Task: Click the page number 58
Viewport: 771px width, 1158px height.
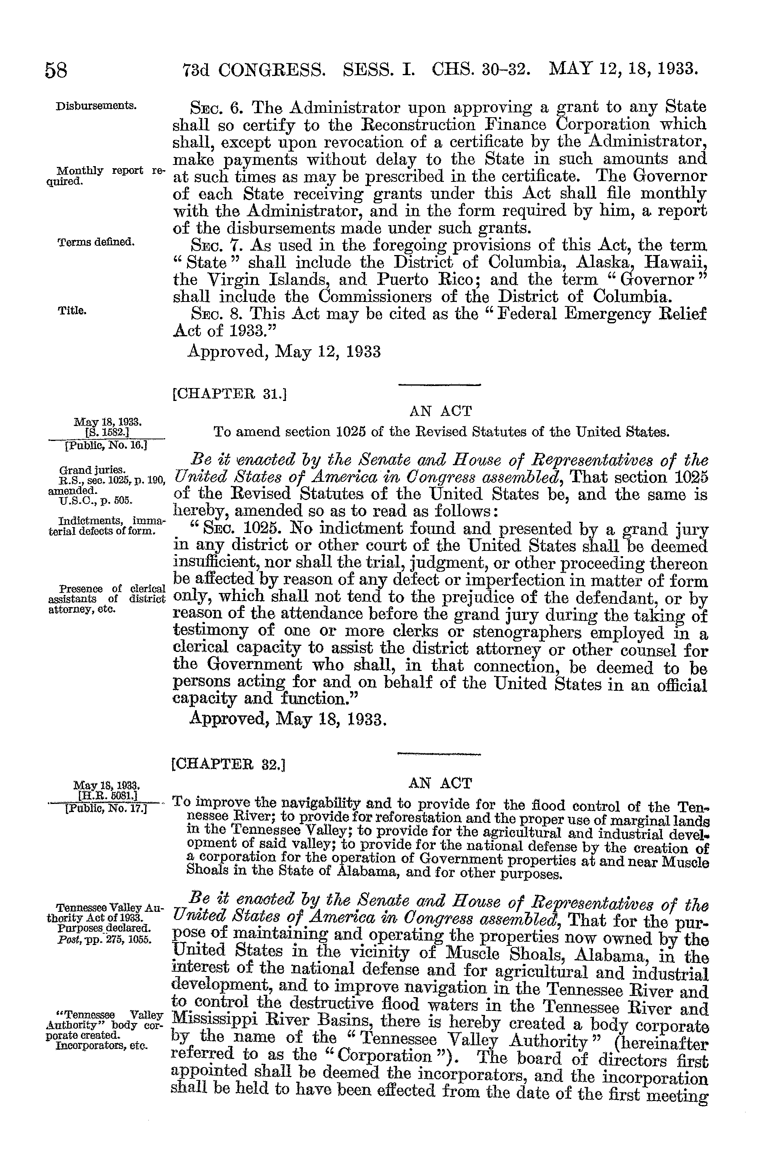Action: point(56,70)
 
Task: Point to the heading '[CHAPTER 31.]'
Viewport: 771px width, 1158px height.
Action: point(230,394)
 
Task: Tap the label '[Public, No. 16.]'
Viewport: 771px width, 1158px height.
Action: point(107,446)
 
